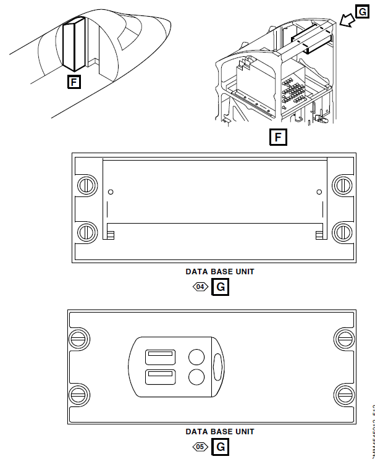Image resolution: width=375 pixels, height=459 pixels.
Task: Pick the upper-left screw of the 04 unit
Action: pyautogui.click(x=86, y=184)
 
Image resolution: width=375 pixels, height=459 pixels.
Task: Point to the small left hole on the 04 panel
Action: pyautogui.click(x=111, y=192)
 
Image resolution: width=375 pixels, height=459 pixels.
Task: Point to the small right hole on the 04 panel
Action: pyautogui.click(x=319, y=192)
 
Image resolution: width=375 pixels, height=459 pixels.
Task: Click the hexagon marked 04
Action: pyautogui.click(x=200, y=287)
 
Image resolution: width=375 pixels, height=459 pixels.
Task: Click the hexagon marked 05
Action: pyautogui.click(x=200, y=446)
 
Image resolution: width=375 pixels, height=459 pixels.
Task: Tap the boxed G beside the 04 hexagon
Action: pyautogui.click(x=220, y=287)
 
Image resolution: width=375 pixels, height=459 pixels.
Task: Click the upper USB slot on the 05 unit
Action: pyautogui.click(x=160, y=357)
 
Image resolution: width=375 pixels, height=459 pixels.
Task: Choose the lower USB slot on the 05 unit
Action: pyautogui.click(x=160, y=377)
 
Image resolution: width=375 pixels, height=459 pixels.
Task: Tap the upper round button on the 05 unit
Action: pyautogui.click(x=196, y=357)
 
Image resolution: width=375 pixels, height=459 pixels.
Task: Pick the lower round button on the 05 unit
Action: pyautogui.click(x=196, y=377)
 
